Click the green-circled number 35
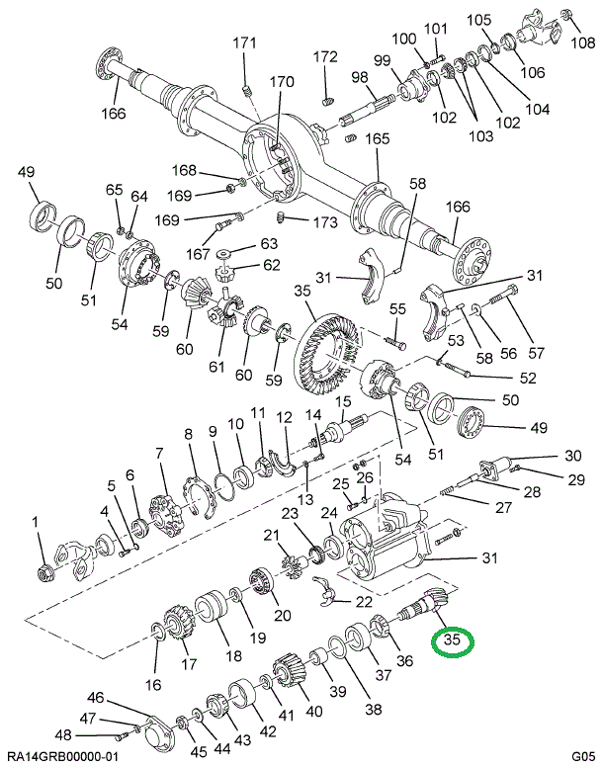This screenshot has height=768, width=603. (454, 640)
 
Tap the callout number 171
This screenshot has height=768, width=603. (244, 43)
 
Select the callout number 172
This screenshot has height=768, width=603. (325, 56)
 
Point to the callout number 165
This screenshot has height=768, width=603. (378, 139)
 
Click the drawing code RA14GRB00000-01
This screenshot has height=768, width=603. (61, 755)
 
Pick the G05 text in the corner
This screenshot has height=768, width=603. (582, 755)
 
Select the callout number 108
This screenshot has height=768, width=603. (583, 42)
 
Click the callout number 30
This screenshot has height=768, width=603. (573, 456)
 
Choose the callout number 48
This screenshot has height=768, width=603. (62, 734)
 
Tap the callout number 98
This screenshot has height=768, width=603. (359, 78)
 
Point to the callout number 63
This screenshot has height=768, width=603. (242, 243)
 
